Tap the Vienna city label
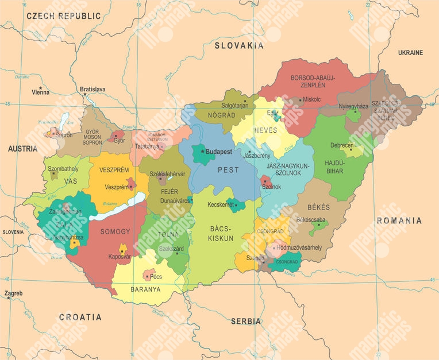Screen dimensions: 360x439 click(40, 92)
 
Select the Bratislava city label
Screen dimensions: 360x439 click(93, 89)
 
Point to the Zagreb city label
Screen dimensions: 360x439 click(14, 293)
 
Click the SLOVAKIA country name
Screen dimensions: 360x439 click(239, 45)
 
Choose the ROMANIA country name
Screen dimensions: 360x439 click(399, 220)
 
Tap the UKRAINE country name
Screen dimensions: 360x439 click(410, 53)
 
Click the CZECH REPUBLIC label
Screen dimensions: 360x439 click(63, 17)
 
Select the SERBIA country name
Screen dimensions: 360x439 click(246, 322)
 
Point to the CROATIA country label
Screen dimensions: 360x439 click(80, 317)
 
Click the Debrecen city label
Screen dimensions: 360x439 click(342, 145)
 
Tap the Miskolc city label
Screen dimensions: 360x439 click(311, 99)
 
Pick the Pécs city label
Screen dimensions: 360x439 click(156, 277)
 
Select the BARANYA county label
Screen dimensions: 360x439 click(145, 289)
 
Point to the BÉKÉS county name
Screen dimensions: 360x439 click(319, 207)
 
